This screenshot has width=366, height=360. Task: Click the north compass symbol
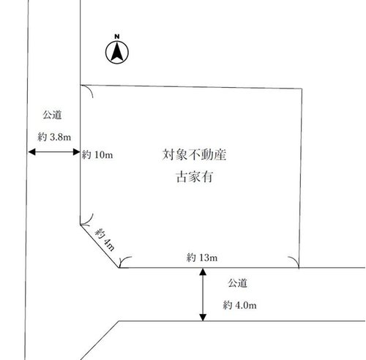click(117, 52)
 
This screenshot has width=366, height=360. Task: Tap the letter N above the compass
click(117, 37)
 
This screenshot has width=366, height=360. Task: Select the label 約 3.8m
click(54, 137)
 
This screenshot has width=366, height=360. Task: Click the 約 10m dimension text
click(97, 154)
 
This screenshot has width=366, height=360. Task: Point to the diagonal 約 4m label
click(105, 239)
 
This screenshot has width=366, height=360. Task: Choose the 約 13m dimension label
click(202, 258)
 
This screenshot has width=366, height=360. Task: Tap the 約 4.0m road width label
click(239, 305)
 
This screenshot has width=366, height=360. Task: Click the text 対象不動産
click(194, 154)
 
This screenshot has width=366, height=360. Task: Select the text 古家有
click(194, 177)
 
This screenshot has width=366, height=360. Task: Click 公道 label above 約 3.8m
click(52, 115)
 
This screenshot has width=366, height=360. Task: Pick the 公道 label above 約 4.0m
click(237, 283)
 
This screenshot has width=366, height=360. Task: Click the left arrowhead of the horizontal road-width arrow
click(31, 152)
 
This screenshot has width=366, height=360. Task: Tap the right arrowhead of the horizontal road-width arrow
click(76, 152)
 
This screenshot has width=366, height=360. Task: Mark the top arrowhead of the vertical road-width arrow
click(203, 272)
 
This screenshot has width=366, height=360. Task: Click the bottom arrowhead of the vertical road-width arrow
click(203, 317)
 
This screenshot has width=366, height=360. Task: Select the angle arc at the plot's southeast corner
click(295, 260)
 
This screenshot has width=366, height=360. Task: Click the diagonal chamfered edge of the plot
click(100, 246)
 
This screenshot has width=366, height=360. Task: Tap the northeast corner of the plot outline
click(302, 89)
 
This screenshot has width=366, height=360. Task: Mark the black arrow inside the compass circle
click(117, 52)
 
